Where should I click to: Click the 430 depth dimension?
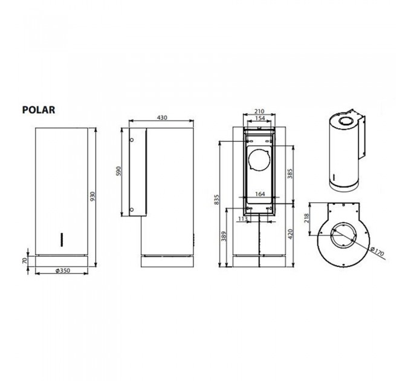pos(161,117)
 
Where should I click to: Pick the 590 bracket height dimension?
pos(120,172)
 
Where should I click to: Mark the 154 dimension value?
pos(261,119)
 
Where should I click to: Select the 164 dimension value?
pos(261,194)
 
